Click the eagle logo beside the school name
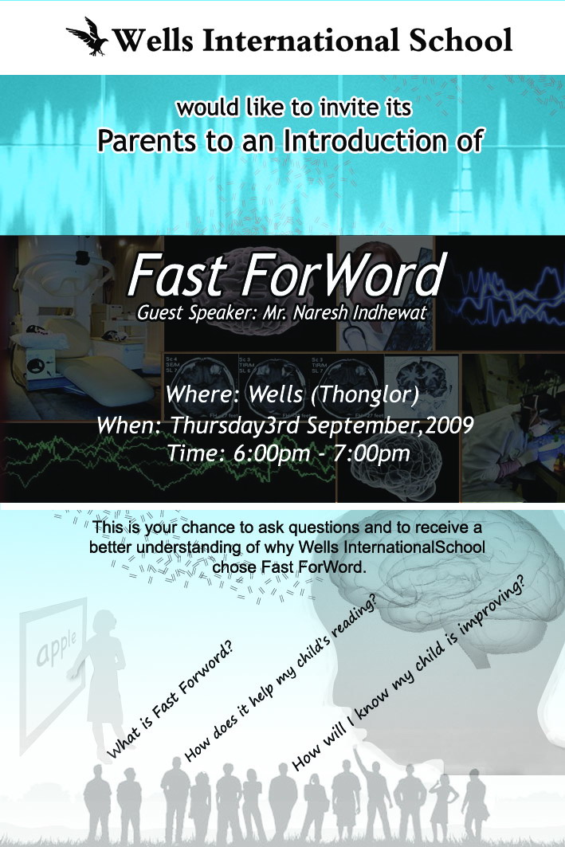point(87,37)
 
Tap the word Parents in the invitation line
point(147,141)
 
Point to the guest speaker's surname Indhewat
point(390,313)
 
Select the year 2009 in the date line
point(449,425)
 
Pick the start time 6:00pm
point(272,453)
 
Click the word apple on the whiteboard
point(57,648)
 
